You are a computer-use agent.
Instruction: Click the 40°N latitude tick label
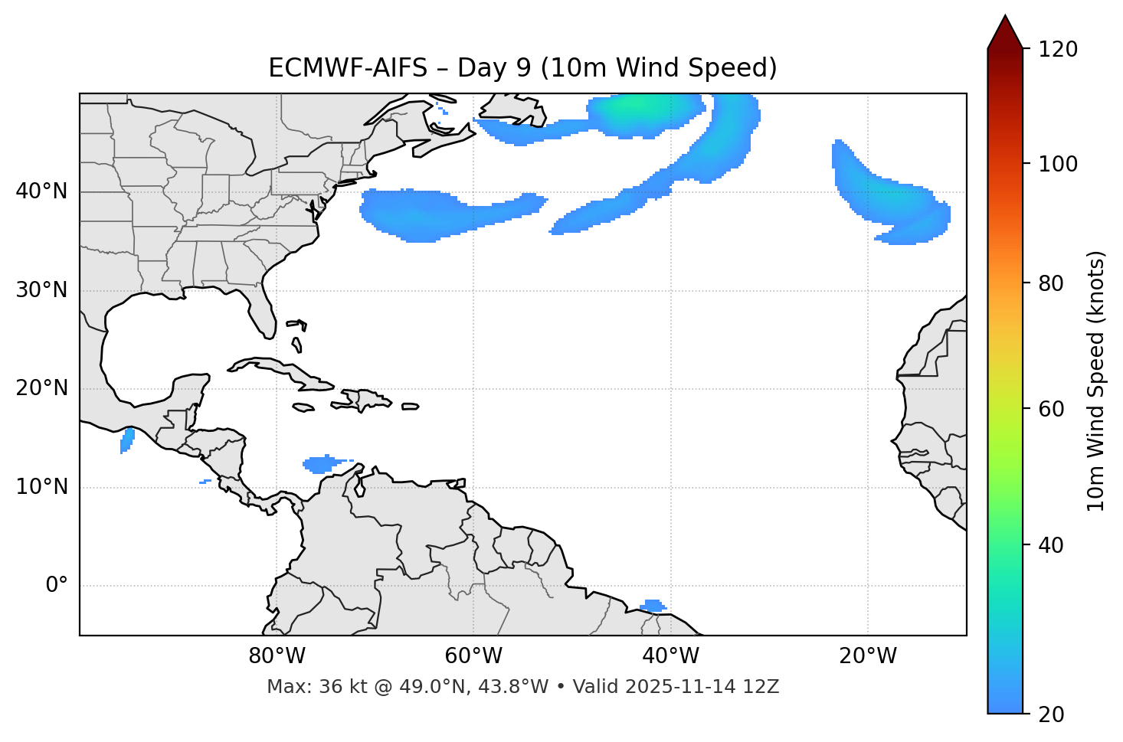click(x=41, y=191)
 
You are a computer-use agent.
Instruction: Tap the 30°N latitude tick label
click(x=41, y=290)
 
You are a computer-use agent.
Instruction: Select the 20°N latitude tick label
click(x=41, y=388)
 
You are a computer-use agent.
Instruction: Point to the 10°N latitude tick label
click(x=41, y=487)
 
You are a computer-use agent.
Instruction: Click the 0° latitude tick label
click(x=57, y=586)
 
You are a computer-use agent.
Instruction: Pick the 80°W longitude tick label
click(x=277, y=656)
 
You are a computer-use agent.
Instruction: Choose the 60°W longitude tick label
click(x=473, y=656)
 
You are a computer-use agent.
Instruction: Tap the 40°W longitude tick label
click(x=670, y=656)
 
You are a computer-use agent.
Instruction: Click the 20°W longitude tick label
click(x=868, y=656)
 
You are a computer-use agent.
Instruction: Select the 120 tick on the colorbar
click(x=1059, y=50)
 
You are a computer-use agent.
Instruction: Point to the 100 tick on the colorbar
click(x=1059, y=164)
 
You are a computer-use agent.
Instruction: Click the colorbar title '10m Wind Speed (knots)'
click(x=1096, y=381)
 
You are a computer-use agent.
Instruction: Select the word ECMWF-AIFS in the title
click(x=348, y=68)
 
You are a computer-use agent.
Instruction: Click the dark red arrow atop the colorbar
click(x=1004, y=32)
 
